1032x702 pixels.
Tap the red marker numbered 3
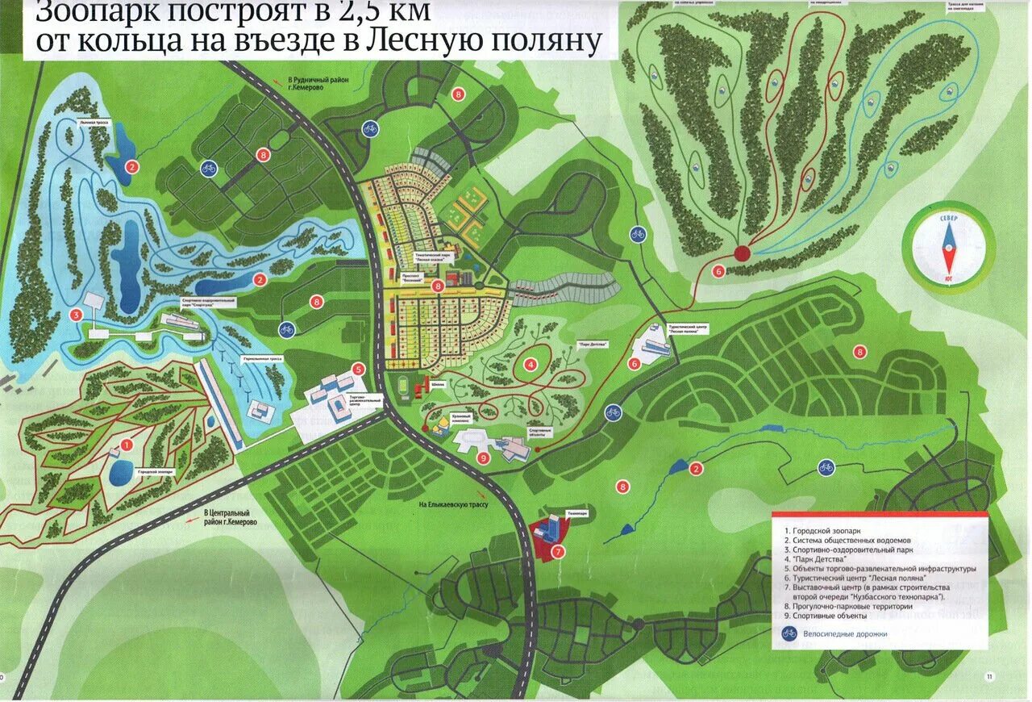(x=76, y=315)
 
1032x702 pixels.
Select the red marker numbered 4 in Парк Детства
(x=531, y=364)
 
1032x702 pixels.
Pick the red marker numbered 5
(x=359, y=370)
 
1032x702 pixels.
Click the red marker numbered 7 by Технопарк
(x=557, y=553)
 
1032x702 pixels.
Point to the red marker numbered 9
(x=483, y=458)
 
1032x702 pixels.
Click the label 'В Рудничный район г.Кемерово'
(x=318, y=85)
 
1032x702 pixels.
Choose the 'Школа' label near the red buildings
(x=439, y=384)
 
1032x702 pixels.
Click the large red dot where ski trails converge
(x=742, y=253)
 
